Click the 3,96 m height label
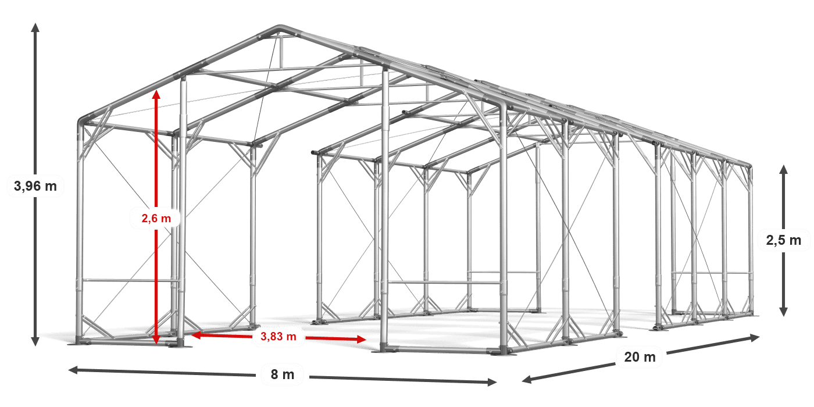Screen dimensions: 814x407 click(x=35, y=186)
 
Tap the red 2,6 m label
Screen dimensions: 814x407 click(x=156, y=218)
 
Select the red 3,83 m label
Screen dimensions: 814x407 click(x=279, y=337)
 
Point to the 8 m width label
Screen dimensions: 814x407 click(x=283, y=374)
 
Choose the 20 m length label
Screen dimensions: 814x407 click(x=640, y=357)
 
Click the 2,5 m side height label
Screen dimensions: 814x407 click(x=784, y=240)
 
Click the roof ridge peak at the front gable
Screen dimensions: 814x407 click(x=280, y=27)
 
